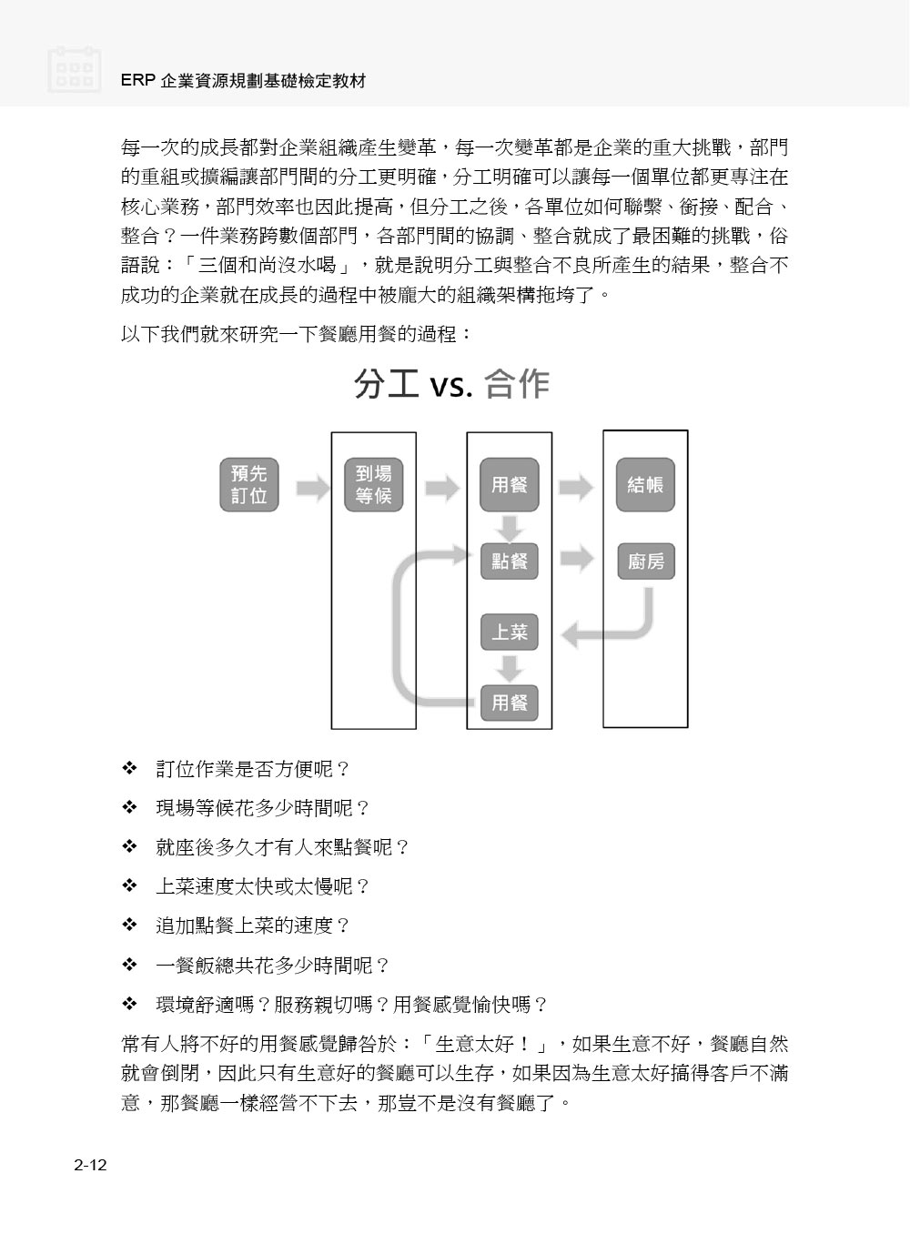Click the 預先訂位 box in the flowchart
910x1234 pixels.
(x=249, y=485)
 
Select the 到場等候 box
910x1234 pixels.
(x=373, y=485)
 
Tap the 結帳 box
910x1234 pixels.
(x=645, y=485)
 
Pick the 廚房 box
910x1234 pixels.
(x=645, y=561)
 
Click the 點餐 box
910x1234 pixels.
(x=509, y=561)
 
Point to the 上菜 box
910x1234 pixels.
(x=509, y=632)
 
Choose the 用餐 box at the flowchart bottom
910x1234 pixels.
(x=509, y=703)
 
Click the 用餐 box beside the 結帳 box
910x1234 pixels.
(x=509, y=485)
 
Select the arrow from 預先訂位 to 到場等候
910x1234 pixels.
(x=313, y=488)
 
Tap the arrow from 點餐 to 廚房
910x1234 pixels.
(x=577, y=559)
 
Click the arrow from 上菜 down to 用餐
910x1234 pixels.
(x=509, y=668)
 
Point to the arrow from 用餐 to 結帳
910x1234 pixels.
(x=576, y=488)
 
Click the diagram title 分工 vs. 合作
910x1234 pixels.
(x=451, y=384)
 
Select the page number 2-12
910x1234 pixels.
(x=90, y=1165)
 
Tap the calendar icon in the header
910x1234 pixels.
(x=74, y=69)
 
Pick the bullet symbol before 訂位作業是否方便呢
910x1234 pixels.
(x=129, y=768)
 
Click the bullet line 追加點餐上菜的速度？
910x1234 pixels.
(x=253, y=925)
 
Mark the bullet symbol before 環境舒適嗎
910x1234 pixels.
(x=129, y=1005)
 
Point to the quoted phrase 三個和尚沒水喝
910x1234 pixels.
(x=268, y=265)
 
